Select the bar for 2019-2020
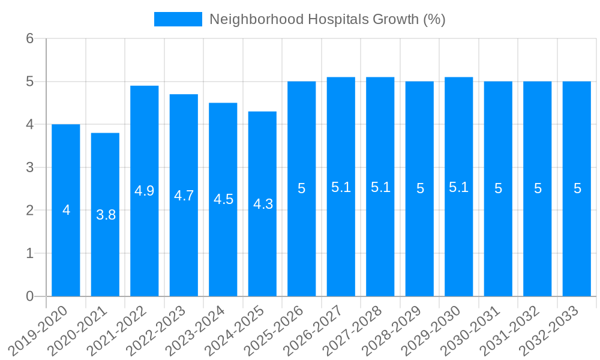[x=66, y=210]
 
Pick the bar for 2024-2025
[x=262, y=204]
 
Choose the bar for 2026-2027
[x=341, y=187]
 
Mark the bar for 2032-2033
[x=577, y=188]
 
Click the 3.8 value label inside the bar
[x=106, y=215]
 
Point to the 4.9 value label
[x=145, y=191]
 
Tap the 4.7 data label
[x=184, y=196]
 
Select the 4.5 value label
[x=223, y=200]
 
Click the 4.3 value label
[x=263, y=204]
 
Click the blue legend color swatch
[x=178, y=19]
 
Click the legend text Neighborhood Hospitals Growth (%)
[x=327, y=19]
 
